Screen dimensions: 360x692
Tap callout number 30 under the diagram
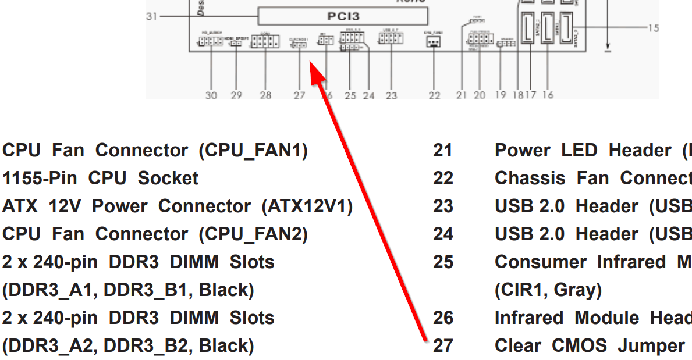click(211, 95)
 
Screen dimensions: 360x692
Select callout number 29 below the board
click(236, 95)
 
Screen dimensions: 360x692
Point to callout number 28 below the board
click(265, 95)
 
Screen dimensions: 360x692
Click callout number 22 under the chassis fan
click(434, 95)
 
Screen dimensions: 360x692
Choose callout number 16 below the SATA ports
click(547, 95)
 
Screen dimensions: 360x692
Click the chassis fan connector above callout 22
click(433, 42)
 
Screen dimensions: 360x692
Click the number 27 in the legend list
click(443, 345)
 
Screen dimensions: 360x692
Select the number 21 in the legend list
click(443, 150)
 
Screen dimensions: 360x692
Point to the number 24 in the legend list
click(443, 234)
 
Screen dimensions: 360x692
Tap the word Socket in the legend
click(168, 178)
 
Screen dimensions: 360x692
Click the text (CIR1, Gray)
click(548, 290)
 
